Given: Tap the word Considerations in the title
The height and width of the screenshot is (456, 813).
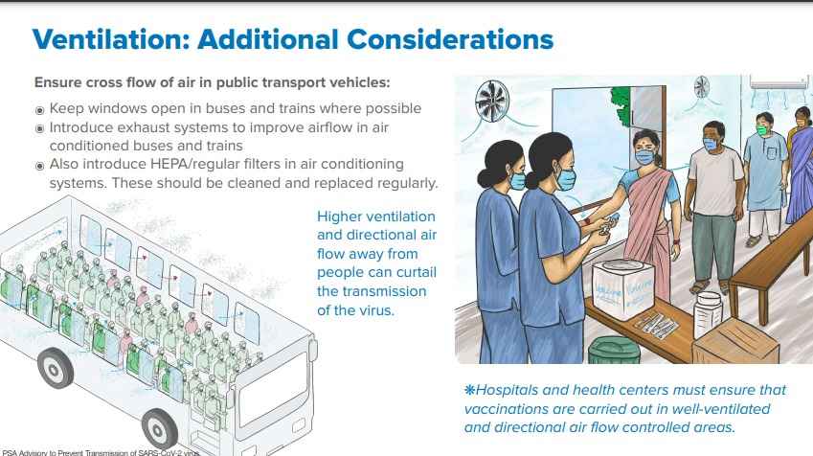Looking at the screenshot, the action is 450,39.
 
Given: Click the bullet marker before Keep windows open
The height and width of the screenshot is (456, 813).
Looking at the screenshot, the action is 39,110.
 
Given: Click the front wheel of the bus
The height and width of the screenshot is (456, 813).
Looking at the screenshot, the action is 160,429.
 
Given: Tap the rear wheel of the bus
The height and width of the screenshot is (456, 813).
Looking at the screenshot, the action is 55,368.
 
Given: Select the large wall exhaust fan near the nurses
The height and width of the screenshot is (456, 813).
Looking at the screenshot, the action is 491,101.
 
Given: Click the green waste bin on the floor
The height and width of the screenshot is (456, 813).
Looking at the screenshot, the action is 614,350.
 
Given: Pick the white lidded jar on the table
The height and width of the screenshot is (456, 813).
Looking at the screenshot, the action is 708,314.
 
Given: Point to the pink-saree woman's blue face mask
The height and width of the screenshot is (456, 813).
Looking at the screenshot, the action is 645,156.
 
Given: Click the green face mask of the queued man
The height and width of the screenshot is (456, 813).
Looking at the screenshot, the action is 761,129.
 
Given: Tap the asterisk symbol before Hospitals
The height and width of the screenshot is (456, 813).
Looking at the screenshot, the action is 470,390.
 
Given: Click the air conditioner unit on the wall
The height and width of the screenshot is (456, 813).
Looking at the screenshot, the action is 779,83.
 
